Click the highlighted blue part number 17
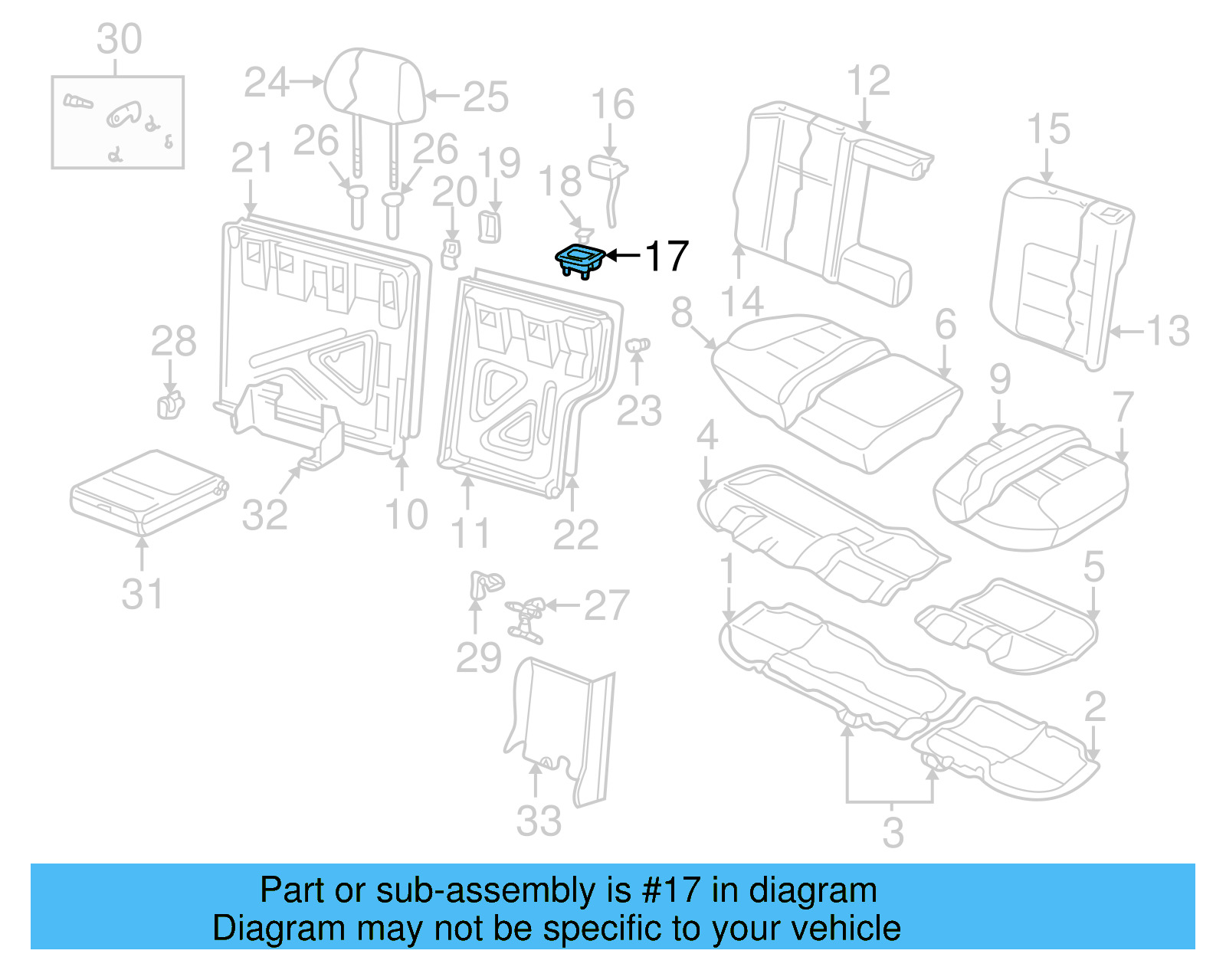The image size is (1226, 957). point(580,261)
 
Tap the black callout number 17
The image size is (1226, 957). point(666,256)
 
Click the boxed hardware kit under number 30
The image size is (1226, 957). point(117,122)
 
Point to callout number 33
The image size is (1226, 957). point(539,821)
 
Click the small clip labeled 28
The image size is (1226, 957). point(170,405)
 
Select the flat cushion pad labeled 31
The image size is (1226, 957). point(147,490)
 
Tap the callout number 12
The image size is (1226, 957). point(868,80)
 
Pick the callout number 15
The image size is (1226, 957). point(1047,129)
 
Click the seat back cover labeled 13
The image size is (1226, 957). point(1061,272)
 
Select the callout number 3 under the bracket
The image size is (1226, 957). point(893,832)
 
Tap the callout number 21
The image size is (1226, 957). point(252,159)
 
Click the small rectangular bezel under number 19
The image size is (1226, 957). point(490,227)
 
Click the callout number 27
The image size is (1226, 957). point(606,605)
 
